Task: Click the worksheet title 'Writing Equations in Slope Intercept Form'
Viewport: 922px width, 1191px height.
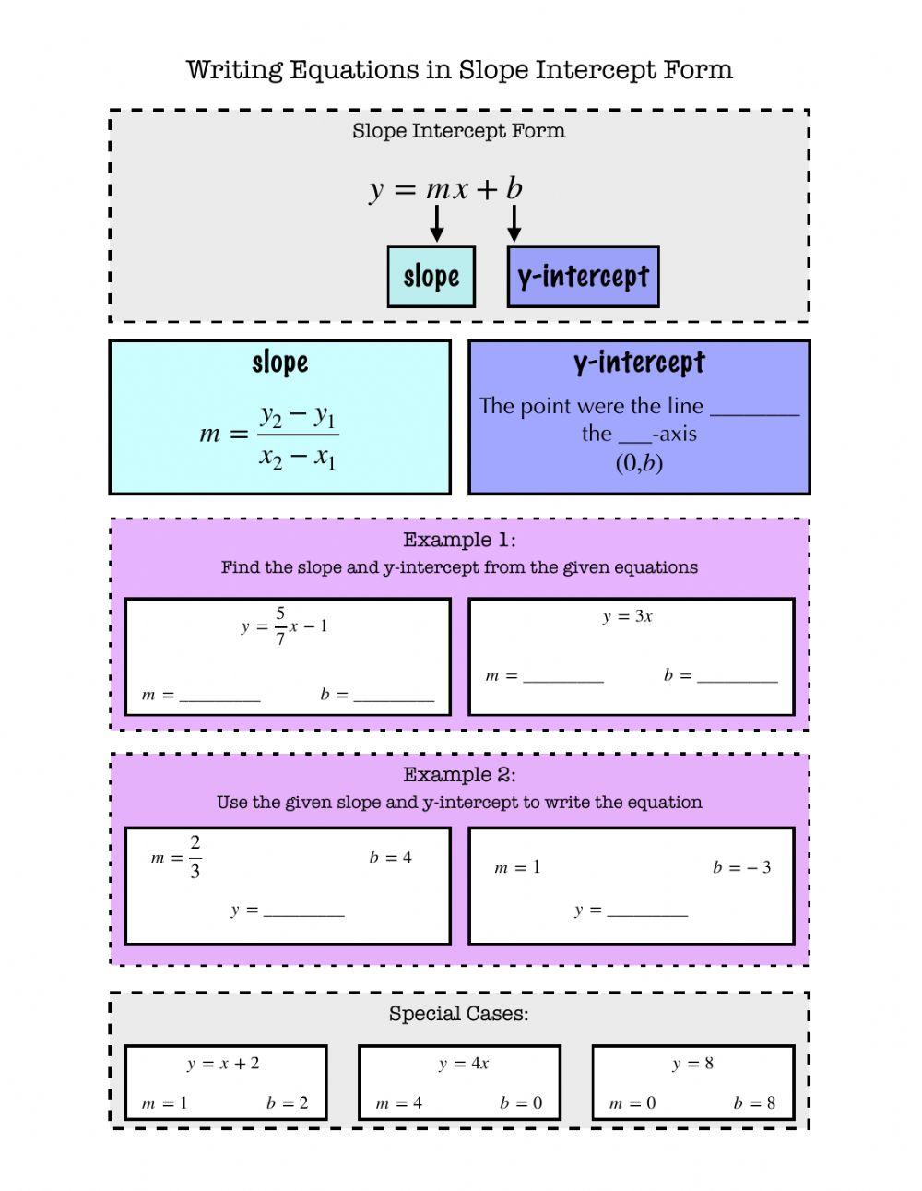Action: [459, 70]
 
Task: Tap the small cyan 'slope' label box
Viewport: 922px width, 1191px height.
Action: [431, 276]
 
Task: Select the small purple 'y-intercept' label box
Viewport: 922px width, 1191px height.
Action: [583, 276]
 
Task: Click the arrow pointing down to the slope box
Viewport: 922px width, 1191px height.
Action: [437, 223]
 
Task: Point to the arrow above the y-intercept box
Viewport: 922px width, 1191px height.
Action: [514, 223]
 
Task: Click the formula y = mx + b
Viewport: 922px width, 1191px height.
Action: [446, 188]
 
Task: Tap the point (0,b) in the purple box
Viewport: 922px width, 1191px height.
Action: [639, 462]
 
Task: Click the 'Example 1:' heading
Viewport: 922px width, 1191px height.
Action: [459, 540]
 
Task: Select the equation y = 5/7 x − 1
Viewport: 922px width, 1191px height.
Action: [285, 626]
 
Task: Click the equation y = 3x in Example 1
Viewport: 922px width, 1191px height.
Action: [628, 617]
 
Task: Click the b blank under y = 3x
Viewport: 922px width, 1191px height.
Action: [738, 677]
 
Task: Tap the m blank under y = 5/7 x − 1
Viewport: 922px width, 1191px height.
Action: [219, 696]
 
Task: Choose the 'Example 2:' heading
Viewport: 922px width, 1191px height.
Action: [459, 775]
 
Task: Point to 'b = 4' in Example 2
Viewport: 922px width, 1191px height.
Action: [391, 858]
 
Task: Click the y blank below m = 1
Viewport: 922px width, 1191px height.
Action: [647, 911]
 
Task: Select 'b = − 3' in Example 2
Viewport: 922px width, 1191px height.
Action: [742, 867]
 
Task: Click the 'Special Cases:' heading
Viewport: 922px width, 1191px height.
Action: [459, 1014]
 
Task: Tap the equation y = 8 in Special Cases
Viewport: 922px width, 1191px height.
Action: [693, 1064]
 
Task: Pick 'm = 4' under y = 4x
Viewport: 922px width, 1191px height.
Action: [399, 1103]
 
